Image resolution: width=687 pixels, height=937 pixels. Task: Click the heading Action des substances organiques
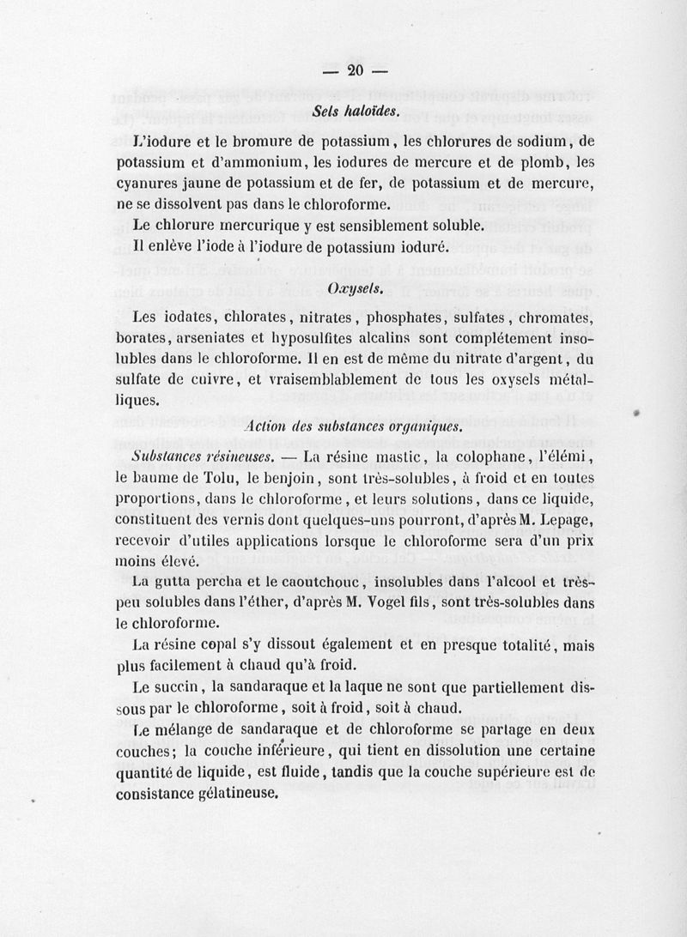(x=354, y=426)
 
